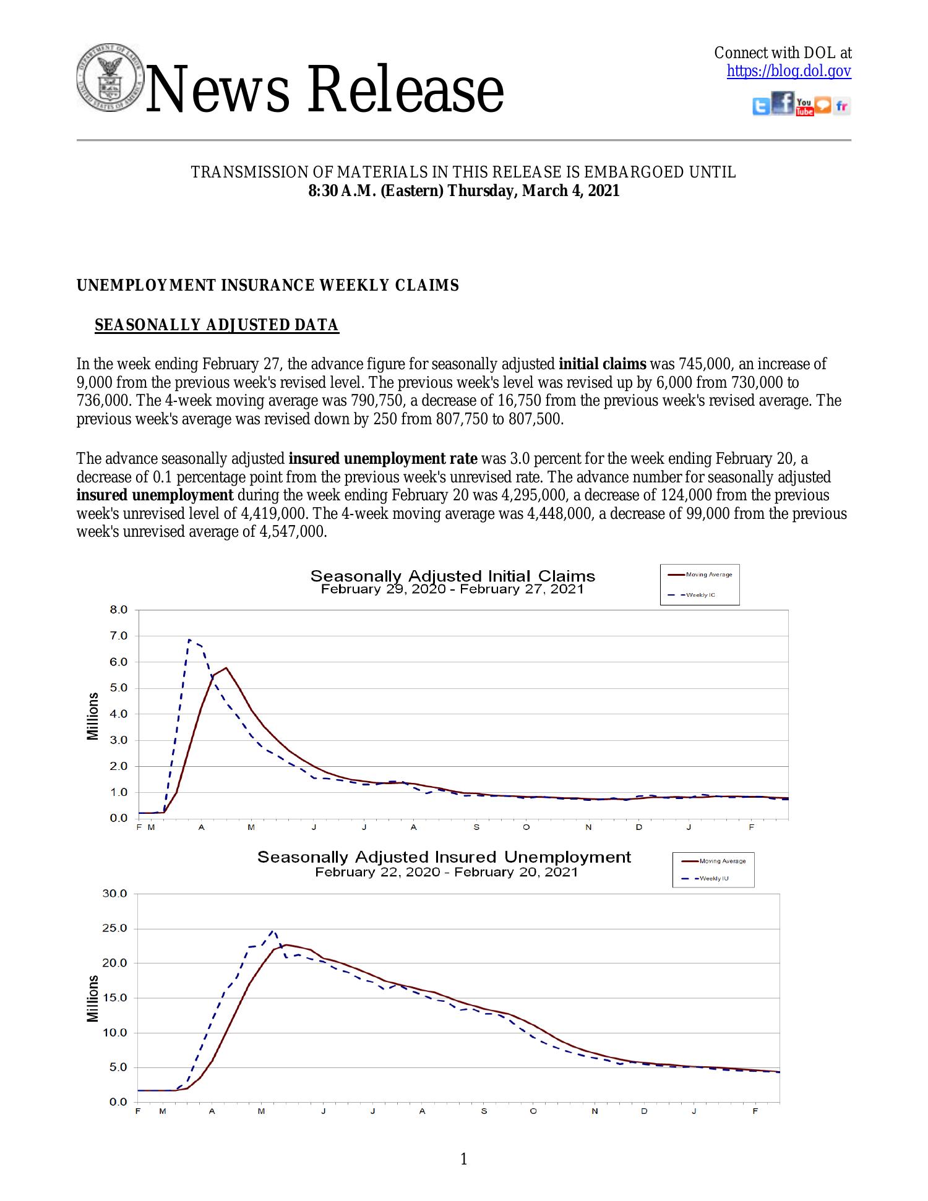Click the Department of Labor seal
(x=109, y=78)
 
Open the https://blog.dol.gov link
(x=789, y=72)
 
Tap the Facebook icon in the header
(x=783, y=103)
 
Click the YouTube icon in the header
(x=804, y=106)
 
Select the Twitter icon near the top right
(x=761, y=107)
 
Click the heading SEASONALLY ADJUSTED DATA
(x=217, y=325)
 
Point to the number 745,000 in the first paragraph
(x=702, y=364)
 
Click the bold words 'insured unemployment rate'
(x=383, y=459)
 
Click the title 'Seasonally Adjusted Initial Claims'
(x=452, y=576)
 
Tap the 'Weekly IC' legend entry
(x=701, y=595)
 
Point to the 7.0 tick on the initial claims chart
(x=119, y=636)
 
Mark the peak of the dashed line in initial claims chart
(x=189, y=639)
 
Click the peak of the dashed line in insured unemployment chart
(x=273, y=931)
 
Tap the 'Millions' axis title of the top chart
(x=93, y=716)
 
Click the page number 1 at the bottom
(x=464, y=1159)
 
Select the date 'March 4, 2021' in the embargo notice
(x=570, y=191)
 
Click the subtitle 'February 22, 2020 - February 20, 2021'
(x=446, y=873)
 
